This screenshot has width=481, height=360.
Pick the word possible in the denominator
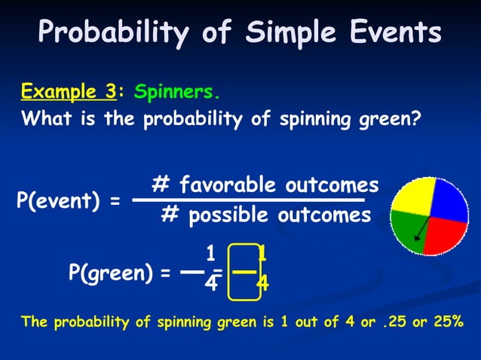tap(231, 216)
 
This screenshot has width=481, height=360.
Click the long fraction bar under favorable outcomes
tap(249, 200)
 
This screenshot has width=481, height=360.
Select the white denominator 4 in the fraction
tap(212, 284)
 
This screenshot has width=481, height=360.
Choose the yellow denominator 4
tap(262, 284)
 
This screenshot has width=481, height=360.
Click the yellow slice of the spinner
tap(413, 197)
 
